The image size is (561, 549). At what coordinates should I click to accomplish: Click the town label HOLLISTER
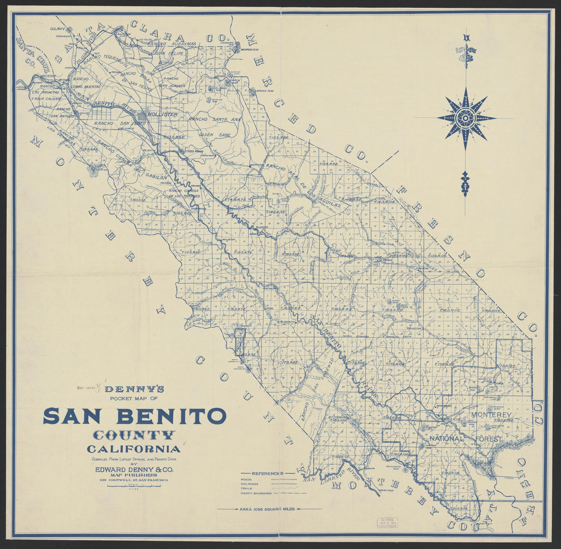point(163,114)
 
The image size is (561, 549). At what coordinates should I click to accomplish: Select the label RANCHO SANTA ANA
point(215,119)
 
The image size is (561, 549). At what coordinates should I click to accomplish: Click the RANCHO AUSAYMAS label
point(171,44)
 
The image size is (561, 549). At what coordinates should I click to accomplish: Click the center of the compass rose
point(465,118)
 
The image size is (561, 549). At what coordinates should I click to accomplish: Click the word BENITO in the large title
point(171,416)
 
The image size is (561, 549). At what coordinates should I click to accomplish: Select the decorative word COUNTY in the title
point(134,435)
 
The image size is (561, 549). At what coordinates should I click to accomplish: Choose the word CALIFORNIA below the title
point(134,450)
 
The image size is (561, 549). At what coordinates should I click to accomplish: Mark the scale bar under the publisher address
point(134,486)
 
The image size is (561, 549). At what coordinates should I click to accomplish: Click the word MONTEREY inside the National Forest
point(491,415)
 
